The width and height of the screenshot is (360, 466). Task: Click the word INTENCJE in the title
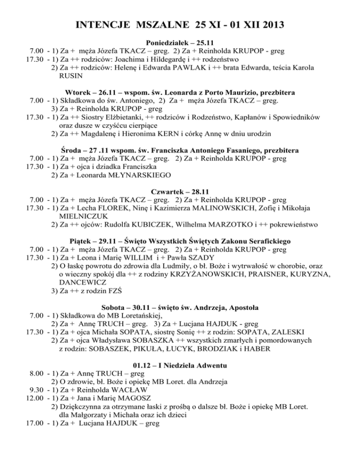(97, 23)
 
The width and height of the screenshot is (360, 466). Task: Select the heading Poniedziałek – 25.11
(180, 42)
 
